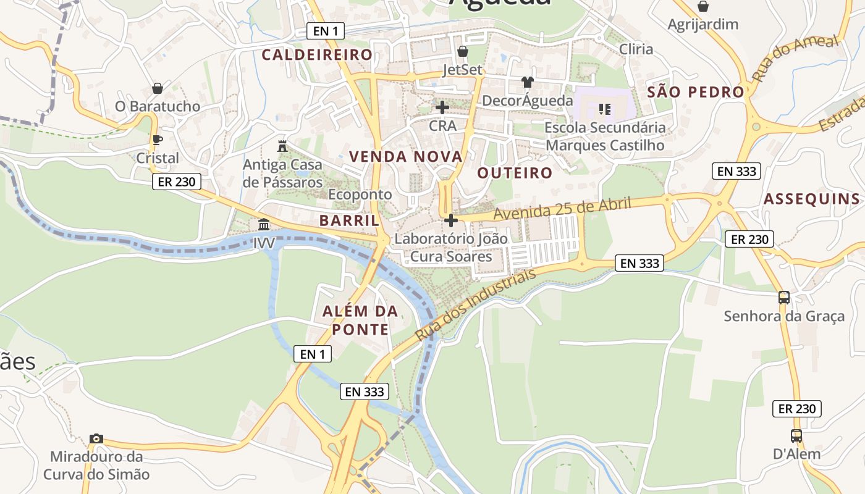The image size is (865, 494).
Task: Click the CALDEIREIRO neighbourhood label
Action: click(x=317, y=55)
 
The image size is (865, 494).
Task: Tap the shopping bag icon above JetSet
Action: click(x=462, y=51)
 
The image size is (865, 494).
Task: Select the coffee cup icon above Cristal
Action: click(x=158, y=140)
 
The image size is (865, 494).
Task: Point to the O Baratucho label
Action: click(x=158, y=106)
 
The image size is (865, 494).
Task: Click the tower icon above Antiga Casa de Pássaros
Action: click(x=282, y=146)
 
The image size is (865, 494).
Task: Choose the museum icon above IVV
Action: click(x=264, y=224)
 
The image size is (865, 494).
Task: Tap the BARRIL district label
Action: click(x=349, y=220)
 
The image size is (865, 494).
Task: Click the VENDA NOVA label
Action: click(x=406, y=157)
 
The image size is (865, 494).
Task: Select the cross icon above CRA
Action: click(x=442, y=107)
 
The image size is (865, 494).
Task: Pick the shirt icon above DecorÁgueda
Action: click(x=527, y=82)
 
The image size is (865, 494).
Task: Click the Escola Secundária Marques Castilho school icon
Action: click(x=605, y=109)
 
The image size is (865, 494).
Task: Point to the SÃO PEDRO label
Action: click(x=696, y=93)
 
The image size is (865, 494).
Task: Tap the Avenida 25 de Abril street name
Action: click(x=562, y=208)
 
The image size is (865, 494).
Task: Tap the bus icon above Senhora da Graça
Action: click(x=783, y=298)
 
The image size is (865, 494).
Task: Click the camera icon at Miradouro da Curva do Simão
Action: click(x=96, y=438)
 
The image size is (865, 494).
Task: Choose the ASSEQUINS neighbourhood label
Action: click(x=812, y=199)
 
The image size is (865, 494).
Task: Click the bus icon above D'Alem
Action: click(x=796, y=435)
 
